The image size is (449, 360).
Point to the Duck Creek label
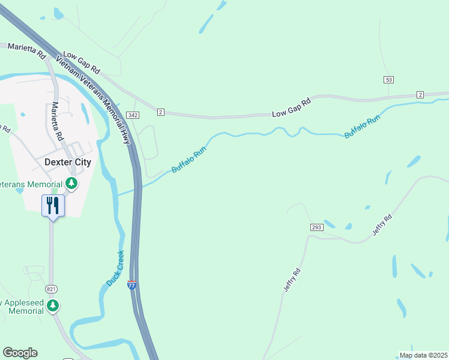click(x=115, y=268)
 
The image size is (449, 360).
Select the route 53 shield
click(x=389, y=80)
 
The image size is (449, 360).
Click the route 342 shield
click(x=133, y=115)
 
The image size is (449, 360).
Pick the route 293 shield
click(x=317, y=227)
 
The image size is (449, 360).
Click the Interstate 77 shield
click(x=132, y=286)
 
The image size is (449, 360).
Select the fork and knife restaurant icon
click(x=53, y=206)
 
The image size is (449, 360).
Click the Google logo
click(x=20, y=353)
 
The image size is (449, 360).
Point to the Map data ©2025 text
click(x=423, y=355)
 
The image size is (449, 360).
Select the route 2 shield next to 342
click(x=160, y=112)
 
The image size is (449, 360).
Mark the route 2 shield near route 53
click(x=420, y=95)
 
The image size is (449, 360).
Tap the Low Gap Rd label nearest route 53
click(x=292, y=107)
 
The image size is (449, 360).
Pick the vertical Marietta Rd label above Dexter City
click(x=58, y=121)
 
